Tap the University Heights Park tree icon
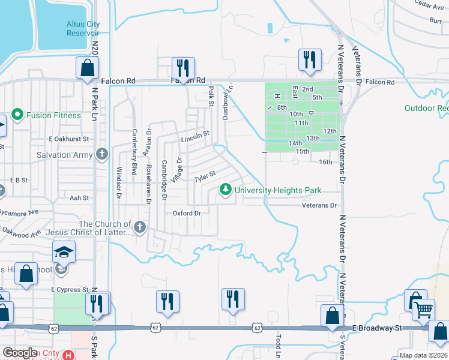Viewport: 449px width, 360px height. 226,190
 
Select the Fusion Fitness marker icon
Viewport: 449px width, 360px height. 17,115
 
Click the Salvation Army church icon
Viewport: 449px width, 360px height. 103,155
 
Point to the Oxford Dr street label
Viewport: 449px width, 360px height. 186,213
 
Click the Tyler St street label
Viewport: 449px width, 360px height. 203,179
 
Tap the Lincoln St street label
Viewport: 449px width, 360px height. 195,140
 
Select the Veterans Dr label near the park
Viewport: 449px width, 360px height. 319,205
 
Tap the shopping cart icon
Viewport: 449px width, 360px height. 424,310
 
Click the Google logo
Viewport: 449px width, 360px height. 20,353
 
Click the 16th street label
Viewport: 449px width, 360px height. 325,162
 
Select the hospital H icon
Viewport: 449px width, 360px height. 70,355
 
